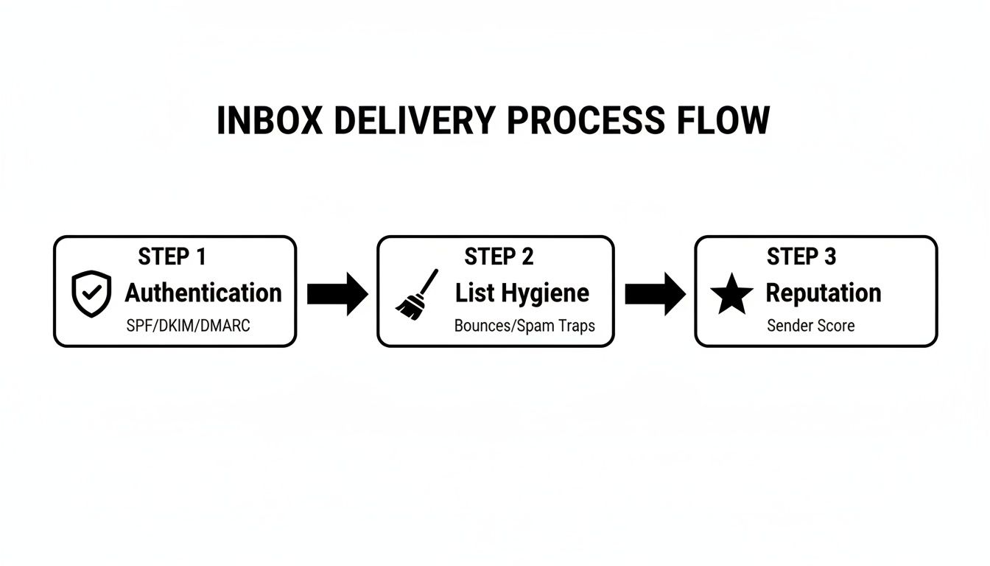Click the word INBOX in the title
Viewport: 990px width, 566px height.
pyautogui.click(x=269, y=121)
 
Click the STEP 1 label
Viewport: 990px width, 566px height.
pyautogui.click(x=172, y=256)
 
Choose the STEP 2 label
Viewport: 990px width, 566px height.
pyautogui.click(x=499, y=256)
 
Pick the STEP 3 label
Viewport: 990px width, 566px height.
pyautogui.click(x=801, y=256)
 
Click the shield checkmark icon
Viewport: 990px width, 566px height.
pyautogui.click(x=91, y=293)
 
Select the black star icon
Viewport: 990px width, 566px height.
pyautogui.click(x=731, y=295)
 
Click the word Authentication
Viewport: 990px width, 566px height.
pyautogui.click(x=203, y=293)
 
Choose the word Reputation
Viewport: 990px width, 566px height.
pyautogui.click(x=824, y=293)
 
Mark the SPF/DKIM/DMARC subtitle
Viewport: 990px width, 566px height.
pyautogui.click(x=189, y=325)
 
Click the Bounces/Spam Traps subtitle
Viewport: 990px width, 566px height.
pyautogui.click(x=524, y=325)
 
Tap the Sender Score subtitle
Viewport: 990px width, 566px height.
pyautogui.click(x=811, y=325)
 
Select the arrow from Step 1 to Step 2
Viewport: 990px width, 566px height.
pyautogui.click(x=337, y=293)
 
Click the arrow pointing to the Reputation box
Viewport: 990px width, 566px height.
pyautogui.click(x=655, y=293)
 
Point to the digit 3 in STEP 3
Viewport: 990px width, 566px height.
pyautogui.click(x=830, y=256)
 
